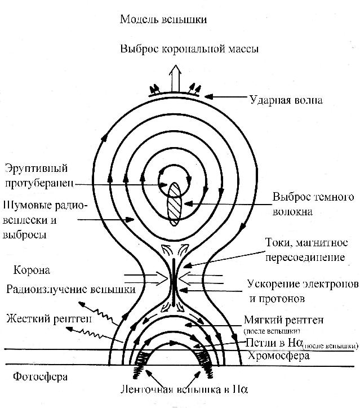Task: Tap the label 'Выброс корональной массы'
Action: pyautogui.click(x=190, y=49)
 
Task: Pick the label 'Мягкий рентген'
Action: pyautogui.click(x=284, y=320)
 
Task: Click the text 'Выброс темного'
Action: pyautogui.click(x=313, y=197)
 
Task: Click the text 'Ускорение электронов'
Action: pyautogui.click(x=303, y=282)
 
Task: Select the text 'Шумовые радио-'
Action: pyautogui.click(x=46, y=206)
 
